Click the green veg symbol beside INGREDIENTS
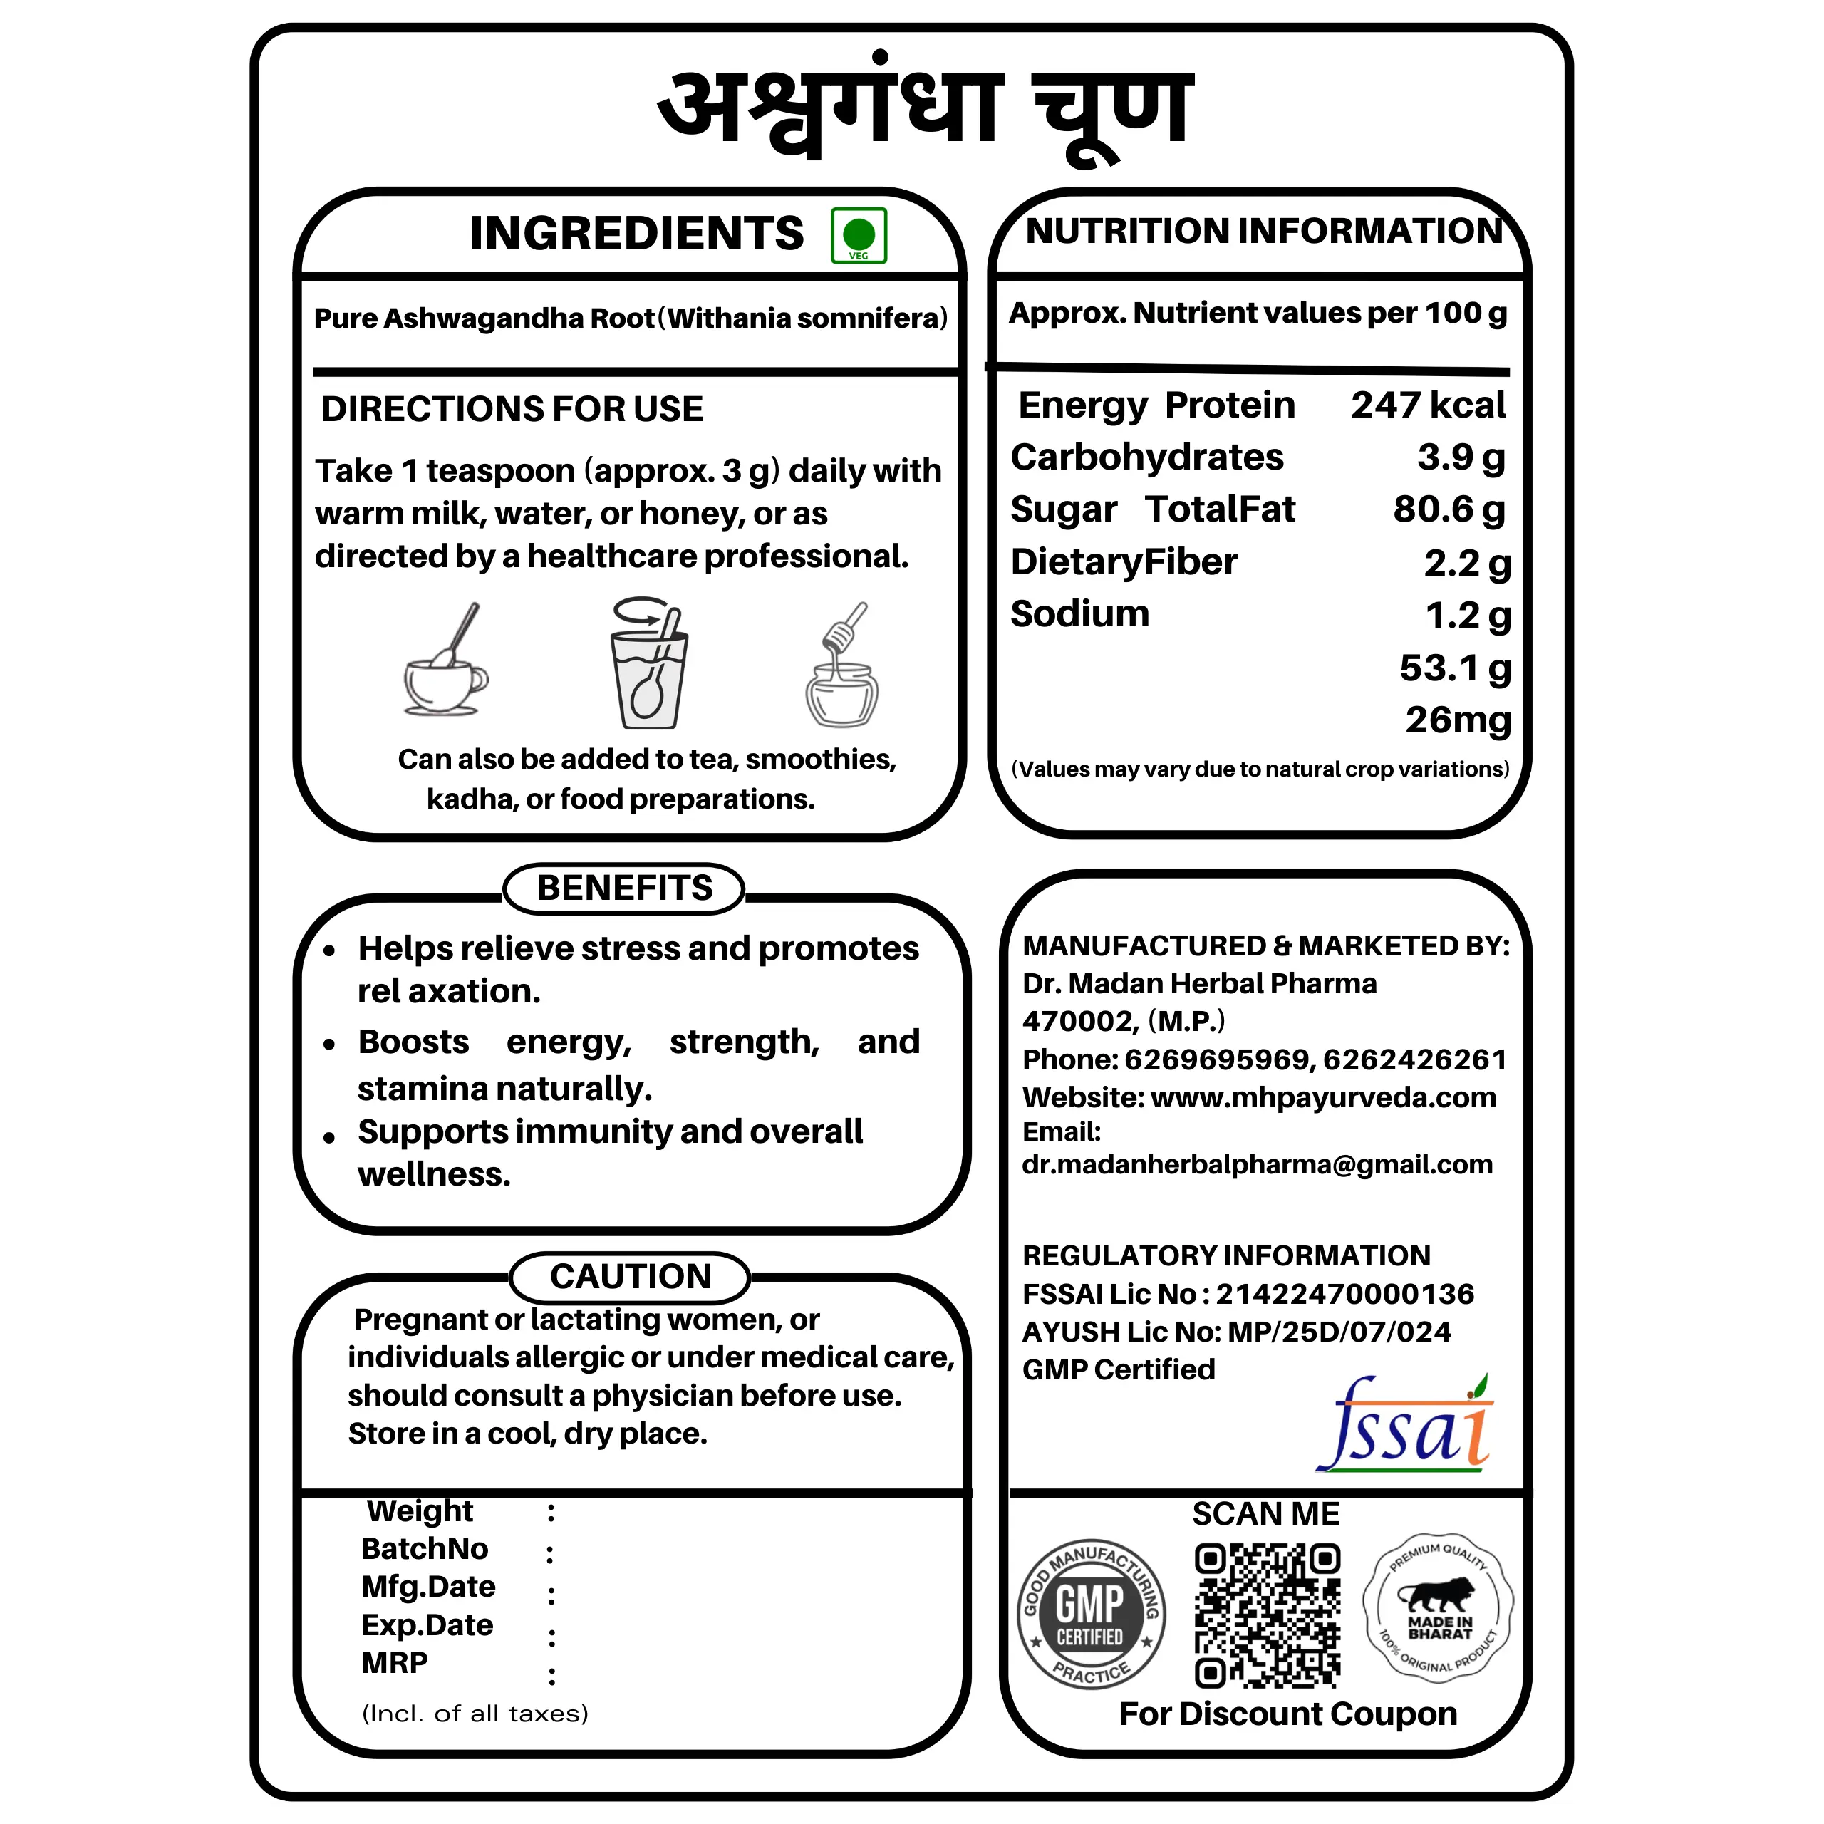pos(858,235)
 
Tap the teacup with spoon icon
pos(445,664)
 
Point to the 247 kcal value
pos(1427,405)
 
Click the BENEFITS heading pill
pos(624,888)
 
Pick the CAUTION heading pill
pos(630,1276)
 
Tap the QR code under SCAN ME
pos(1267,1615)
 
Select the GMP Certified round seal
pos(1090,1614)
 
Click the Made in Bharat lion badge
pos(1438,1606)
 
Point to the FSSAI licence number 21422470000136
pos(1344,1295)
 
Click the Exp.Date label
pos(427,1624)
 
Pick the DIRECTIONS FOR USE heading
pos(512,409)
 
